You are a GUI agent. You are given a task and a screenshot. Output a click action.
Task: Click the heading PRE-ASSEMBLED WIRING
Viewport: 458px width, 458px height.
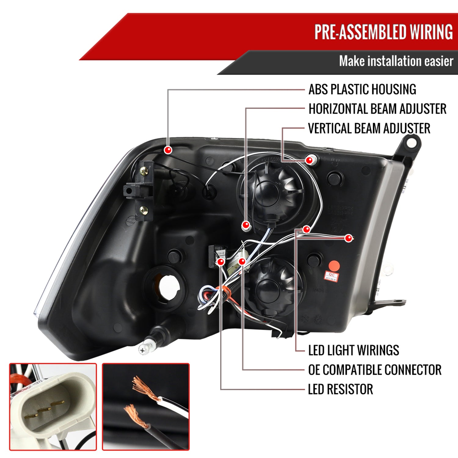tap(383, 32)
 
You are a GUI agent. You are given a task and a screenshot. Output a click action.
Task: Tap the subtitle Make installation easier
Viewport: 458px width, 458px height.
tap(396, 61)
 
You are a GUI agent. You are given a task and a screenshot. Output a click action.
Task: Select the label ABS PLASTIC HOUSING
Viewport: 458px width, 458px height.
tap(362, 89)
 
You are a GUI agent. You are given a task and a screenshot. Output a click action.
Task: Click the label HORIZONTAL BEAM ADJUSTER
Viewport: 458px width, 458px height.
tap(377, 109)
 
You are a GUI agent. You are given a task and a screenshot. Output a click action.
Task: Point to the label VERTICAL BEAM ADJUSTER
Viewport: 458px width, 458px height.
tap(369, 129)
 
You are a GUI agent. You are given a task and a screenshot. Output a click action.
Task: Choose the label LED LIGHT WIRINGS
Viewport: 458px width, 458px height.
tap(354, 350)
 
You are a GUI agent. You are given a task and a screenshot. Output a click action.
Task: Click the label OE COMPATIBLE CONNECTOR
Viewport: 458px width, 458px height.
tap(375, 370)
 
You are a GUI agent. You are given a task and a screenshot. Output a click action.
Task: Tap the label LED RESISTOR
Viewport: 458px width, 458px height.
tap(340, 389)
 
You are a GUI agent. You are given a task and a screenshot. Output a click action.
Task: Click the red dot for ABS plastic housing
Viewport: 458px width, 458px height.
tap(168, 150)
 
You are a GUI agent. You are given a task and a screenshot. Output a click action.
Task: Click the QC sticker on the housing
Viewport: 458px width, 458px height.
tap(331, 277)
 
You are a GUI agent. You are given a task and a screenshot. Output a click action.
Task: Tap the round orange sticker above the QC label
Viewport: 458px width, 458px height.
tap(334, 265)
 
